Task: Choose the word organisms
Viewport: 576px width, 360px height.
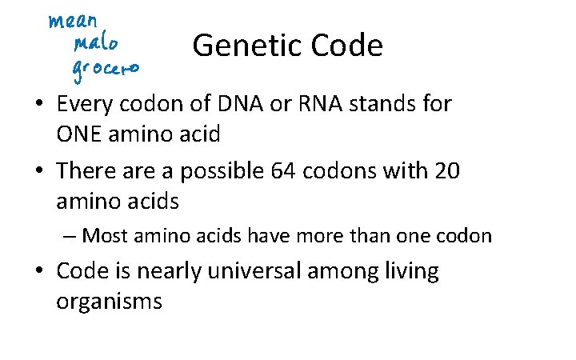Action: [110, 302]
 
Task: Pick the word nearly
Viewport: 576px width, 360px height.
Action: [170, 272]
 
